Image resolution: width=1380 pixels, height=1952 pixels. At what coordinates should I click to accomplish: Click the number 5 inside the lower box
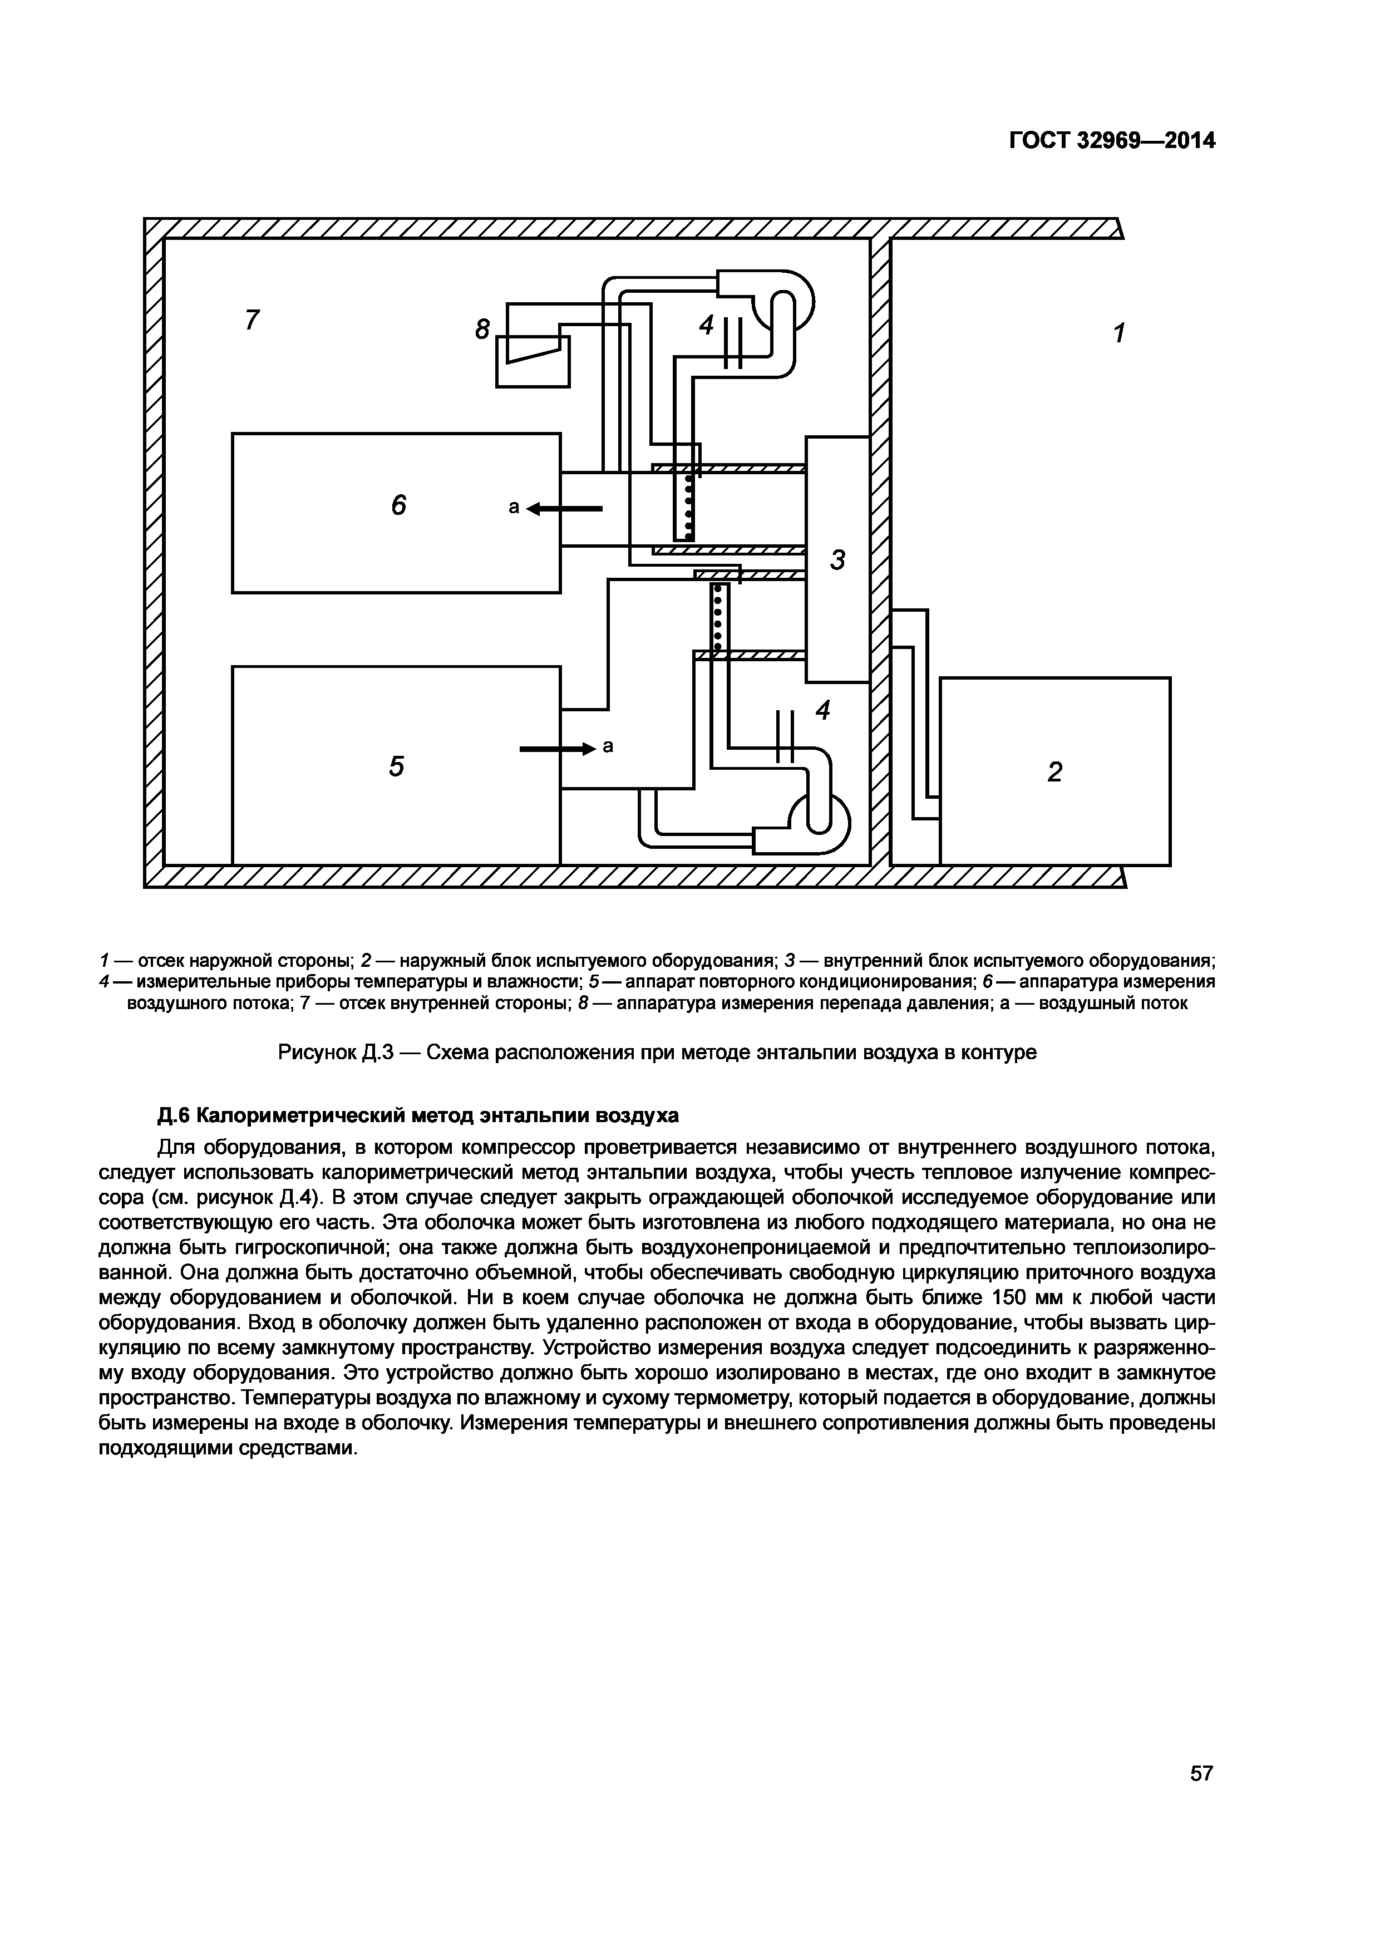[x=396, y=767]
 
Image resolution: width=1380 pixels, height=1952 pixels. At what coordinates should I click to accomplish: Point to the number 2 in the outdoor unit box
[x=1054, y=772]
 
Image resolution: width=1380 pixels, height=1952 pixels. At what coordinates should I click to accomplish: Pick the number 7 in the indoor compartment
[x=252, y=321]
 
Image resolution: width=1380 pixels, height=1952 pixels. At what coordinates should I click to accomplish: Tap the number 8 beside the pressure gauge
[x=482, y=329]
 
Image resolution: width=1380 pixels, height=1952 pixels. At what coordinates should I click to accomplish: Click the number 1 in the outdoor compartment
[x=1119, y=333]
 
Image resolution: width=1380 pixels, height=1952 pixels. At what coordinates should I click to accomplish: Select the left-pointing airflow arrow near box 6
[x=564, y=508]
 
